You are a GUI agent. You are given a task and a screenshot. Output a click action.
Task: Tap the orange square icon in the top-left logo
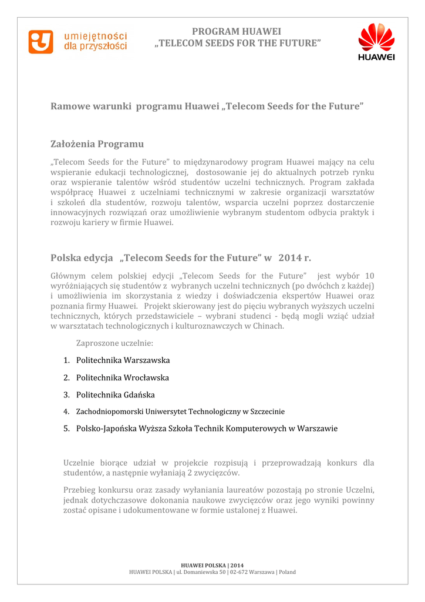[x=41, y=42]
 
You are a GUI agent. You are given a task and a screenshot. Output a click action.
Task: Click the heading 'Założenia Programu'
[x=97, y=143]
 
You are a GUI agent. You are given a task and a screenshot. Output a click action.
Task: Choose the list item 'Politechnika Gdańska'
[x=115, y=394]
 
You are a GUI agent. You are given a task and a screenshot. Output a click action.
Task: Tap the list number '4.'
[x=66, y=412]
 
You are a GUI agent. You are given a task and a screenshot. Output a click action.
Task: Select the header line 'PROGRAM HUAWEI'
[x=237, y=31]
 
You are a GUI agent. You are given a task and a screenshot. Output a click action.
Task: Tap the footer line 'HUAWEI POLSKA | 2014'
[x=212, y=566]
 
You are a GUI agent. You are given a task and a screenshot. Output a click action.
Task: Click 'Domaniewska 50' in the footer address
[x=205, y=572]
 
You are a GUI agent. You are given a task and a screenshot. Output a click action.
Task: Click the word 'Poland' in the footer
[x=287, y=572]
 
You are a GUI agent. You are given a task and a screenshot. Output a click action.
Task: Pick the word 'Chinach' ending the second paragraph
[x=268, y=326]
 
